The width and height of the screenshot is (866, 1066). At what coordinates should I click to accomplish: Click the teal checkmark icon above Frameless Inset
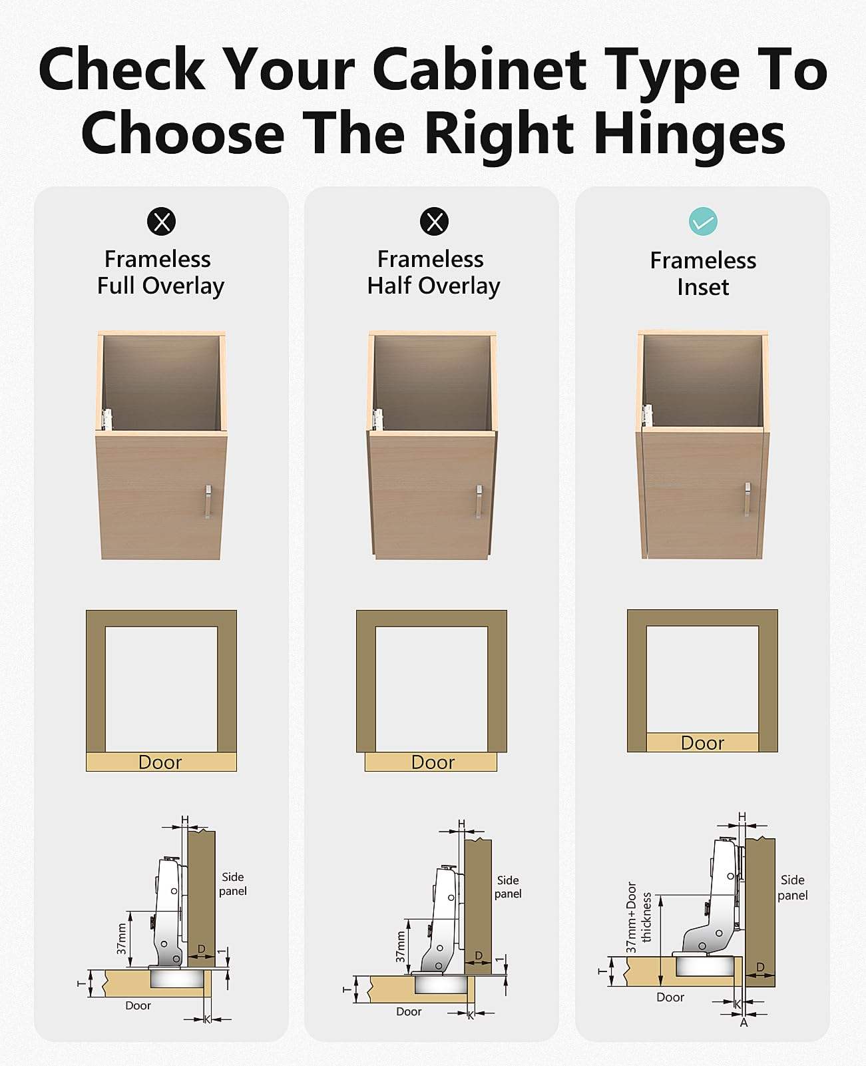703,221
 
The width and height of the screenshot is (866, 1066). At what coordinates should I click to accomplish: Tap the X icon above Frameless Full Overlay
162,221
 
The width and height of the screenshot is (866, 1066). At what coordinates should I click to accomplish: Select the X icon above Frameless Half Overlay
434,221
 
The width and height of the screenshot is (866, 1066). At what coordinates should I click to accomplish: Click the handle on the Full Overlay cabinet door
208,501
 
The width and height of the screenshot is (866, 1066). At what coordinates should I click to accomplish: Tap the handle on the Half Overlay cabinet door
479,501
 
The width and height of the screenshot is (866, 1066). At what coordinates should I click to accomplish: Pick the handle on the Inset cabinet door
747,499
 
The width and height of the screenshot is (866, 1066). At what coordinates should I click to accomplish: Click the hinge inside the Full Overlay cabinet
107,419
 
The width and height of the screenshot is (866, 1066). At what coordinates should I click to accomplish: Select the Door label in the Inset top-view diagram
702,743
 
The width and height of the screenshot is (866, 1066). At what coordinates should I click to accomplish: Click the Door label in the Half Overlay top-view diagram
433,762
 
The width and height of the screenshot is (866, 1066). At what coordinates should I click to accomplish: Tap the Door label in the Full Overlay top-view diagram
160,762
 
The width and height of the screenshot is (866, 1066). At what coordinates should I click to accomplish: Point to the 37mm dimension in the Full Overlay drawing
122,939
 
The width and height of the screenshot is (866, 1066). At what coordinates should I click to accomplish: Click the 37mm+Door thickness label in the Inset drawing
639,918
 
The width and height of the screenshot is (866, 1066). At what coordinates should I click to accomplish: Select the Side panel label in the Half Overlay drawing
508,887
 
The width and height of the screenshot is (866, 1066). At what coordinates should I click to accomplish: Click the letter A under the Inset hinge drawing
744,1023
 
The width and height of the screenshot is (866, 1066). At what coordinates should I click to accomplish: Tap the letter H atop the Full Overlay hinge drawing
184,820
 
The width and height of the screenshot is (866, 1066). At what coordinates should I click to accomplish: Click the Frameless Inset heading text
703,274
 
